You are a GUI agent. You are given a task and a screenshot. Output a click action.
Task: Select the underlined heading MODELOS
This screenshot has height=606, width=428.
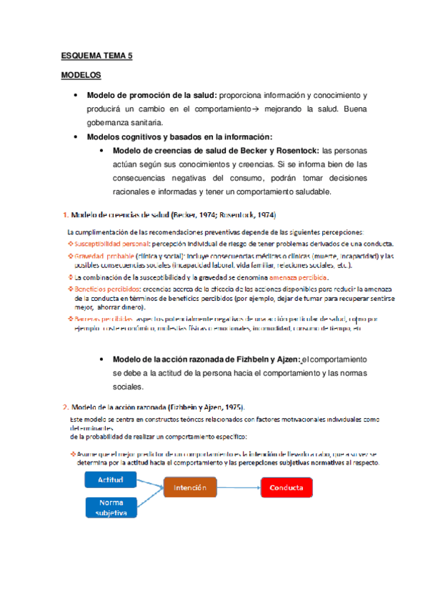click(x=81, y=74)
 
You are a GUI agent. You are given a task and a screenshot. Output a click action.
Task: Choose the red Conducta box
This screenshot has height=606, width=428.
click(x=286, y=488)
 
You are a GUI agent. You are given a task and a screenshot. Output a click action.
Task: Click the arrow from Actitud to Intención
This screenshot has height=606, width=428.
click(x=151, y=483)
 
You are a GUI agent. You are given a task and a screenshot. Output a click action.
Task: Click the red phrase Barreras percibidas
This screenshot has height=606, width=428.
click(x=104, y=320)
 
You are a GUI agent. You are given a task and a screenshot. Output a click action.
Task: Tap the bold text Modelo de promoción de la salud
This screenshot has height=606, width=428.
click(x=152, y=95)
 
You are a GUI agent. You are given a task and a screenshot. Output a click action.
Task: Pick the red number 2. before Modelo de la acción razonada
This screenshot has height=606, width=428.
click(x=66, y=405)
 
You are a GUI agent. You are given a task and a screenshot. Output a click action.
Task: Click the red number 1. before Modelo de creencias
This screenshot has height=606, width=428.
click(x=66, y=214)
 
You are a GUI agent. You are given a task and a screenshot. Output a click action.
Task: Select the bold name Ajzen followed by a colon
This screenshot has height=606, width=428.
click(x=284, y=359)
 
